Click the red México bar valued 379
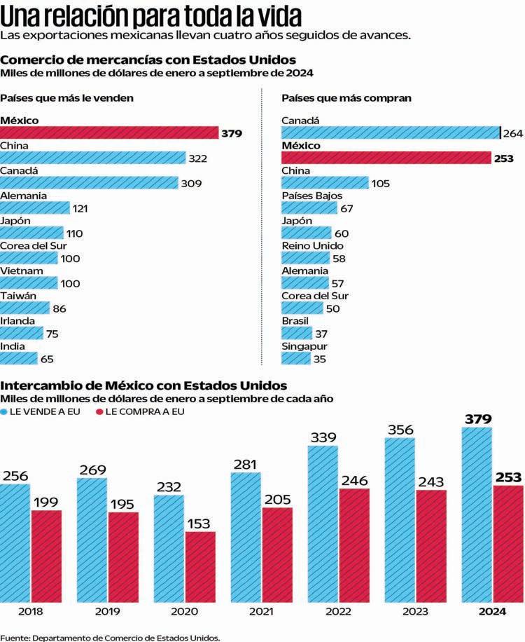click(109, 132)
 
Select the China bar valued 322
click(92, 158)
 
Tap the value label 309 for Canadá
click(191, 184)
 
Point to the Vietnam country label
click(22, 271)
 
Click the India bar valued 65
click(19, 358)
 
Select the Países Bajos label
click(311, 196)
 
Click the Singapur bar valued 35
click(295, 358)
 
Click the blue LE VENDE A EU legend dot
click(5, 411)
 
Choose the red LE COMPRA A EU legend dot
click(99, 411)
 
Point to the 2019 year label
click(108, 612)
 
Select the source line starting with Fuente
click(111, 637)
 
